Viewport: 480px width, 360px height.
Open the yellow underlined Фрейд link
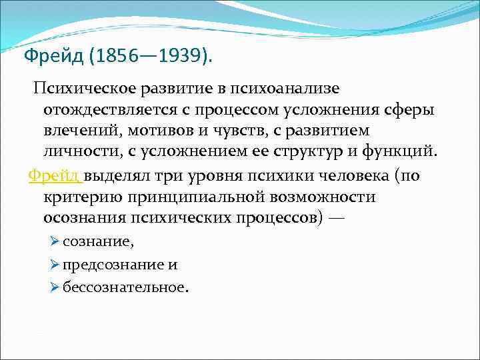(54, 177)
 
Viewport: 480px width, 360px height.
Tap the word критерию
(85, 197)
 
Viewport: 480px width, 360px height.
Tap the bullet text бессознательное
(125, 287)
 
